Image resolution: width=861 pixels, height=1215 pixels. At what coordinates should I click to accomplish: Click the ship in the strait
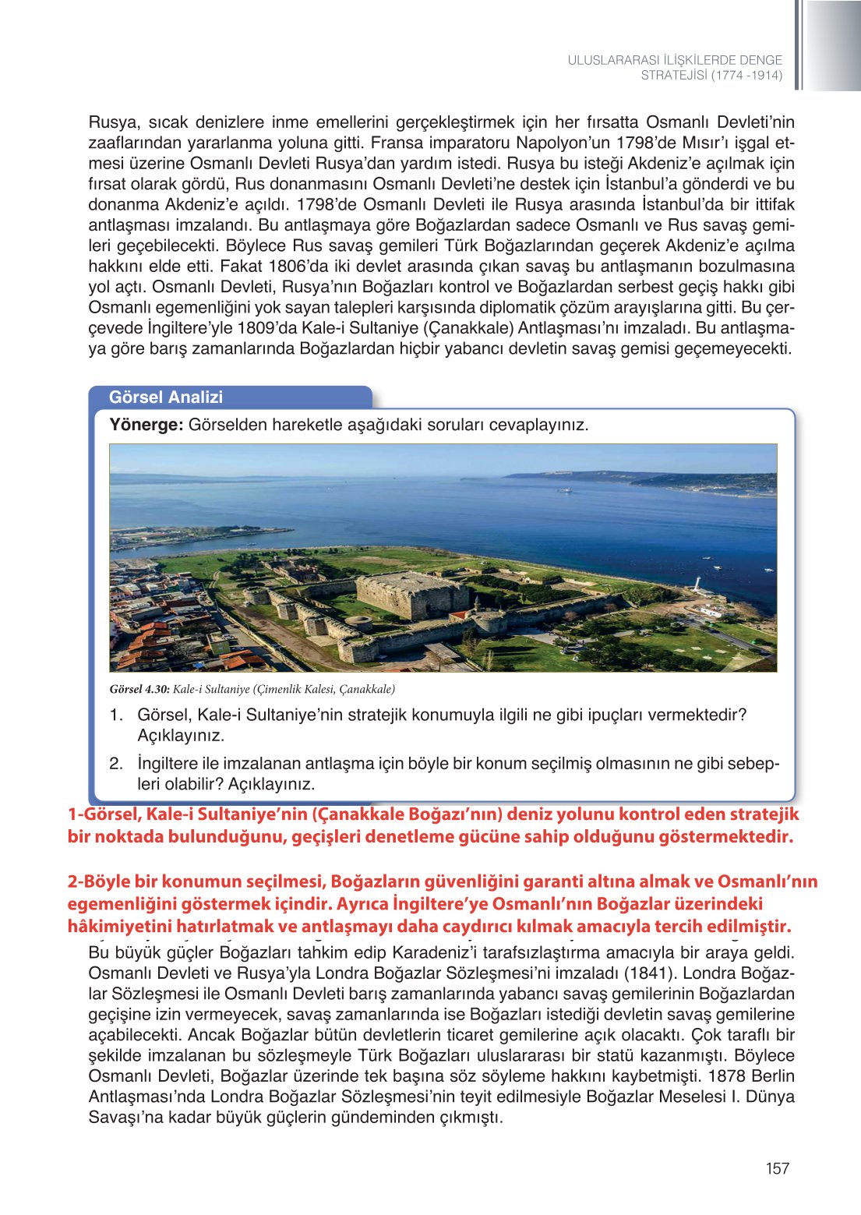(566, 490)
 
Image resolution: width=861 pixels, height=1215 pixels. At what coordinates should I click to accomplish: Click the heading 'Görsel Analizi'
(165, 397)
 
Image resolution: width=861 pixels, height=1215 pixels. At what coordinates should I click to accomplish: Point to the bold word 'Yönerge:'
(146, 425)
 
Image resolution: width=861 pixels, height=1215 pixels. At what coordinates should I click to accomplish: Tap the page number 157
(777, 1168)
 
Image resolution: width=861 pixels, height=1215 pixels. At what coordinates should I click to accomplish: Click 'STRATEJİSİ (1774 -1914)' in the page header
(711, 76)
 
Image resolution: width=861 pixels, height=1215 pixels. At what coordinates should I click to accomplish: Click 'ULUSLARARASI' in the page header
(612, 60)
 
